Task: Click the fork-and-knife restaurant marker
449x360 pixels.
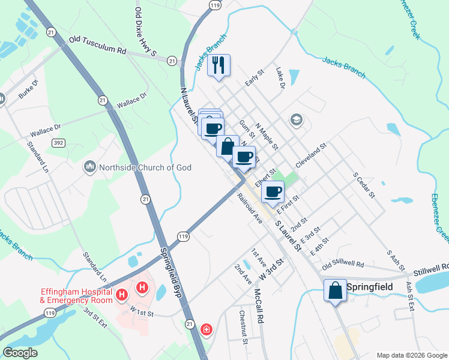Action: [x=218, y=65]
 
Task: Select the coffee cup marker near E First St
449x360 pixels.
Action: [x=273, y=192]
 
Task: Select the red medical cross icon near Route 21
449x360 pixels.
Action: [x=206, y=329]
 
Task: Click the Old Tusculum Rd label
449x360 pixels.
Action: [x=97, y=44]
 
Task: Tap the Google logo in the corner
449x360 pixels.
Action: [x=20, y=353]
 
